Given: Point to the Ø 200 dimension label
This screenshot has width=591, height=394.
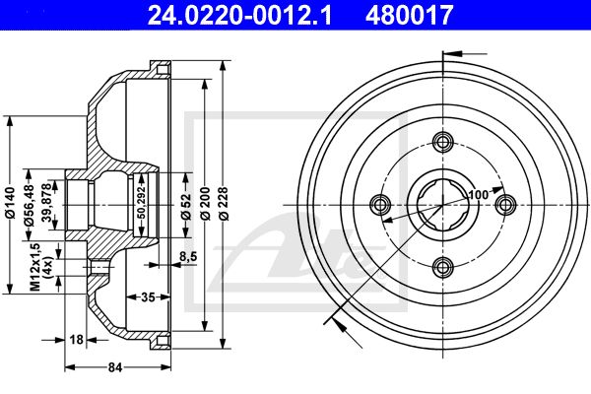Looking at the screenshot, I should click(205, 203).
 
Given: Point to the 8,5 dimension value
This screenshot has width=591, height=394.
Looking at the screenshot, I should click(187, 257).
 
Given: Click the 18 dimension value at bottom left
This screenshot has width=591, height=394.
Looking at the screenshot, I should click(77, 340).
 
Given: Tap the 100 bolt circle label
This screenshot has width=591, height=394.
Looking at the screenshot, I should click(479, 195).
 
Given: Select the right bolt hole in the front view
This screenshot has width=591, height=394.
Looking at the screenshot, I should click(506, 205).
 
